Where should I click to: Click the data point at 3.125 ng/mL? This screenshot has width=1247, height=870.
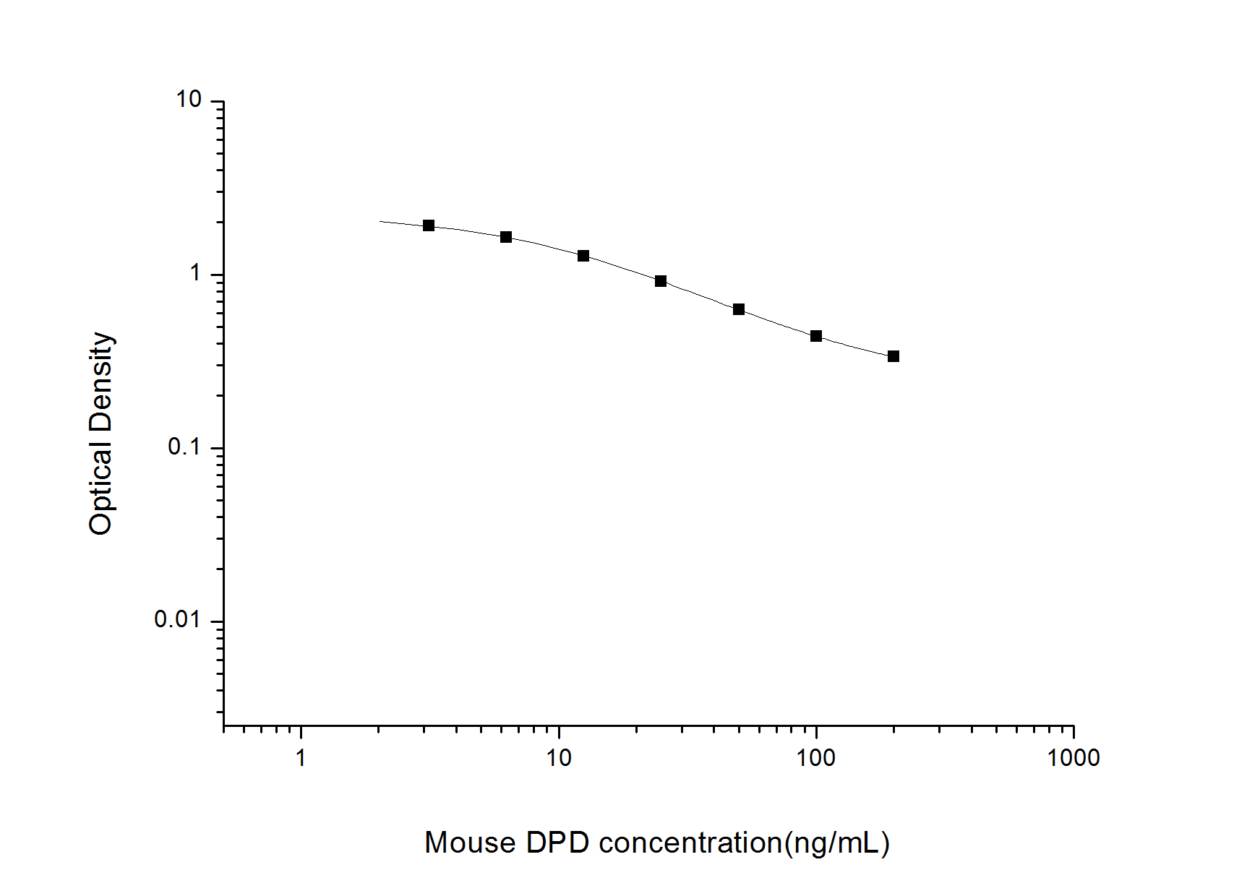click(x=429, y=225)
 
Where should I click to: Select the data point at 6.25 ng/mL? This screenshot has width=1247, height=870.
click(x=506, y=237)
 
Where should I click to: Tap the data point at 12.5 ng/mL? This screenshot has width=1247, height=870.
click(x=583, y=256)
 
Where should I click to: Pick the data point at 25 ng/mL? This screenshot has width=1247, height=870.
click(x=661, y=281)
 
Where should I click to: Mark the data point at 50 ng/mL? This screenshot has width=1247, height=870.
click(x=739, y=309)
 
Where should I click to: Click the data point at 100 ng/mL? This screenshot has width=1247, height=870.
click(x=816, y=336)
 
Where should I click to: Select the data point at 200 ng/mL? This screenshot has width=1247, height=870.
click(x=894, y=356)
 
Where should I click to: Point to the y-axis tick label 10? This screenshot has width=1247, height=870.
click(x=189, y=100)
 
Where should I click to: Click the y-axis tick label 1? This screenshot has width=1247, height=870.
click(x=194, y=273)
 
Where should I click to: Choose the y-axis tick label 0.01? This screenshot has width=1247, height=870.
click(x=177, y=619)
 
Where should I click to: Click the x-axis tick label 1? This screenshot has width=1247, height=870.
click(x=301, y=758)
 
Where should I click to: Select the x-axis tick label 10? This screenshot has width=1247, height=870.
click(x=558, y=758)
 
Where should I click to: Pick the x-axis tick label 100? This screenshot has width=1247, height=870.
click(x=815, y=758)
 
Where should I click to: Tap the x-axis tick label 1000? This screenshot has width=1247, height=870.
click(x=1074, y=758)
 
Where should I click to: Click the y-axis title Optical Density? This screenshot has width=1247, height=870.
click(x=101, y=434)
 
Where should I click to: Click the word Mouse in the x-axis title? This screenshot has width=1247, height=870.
click(x=470, y=843)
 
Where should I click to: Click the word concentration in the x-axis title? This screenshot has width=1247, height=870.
click(x=690, y=843)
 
